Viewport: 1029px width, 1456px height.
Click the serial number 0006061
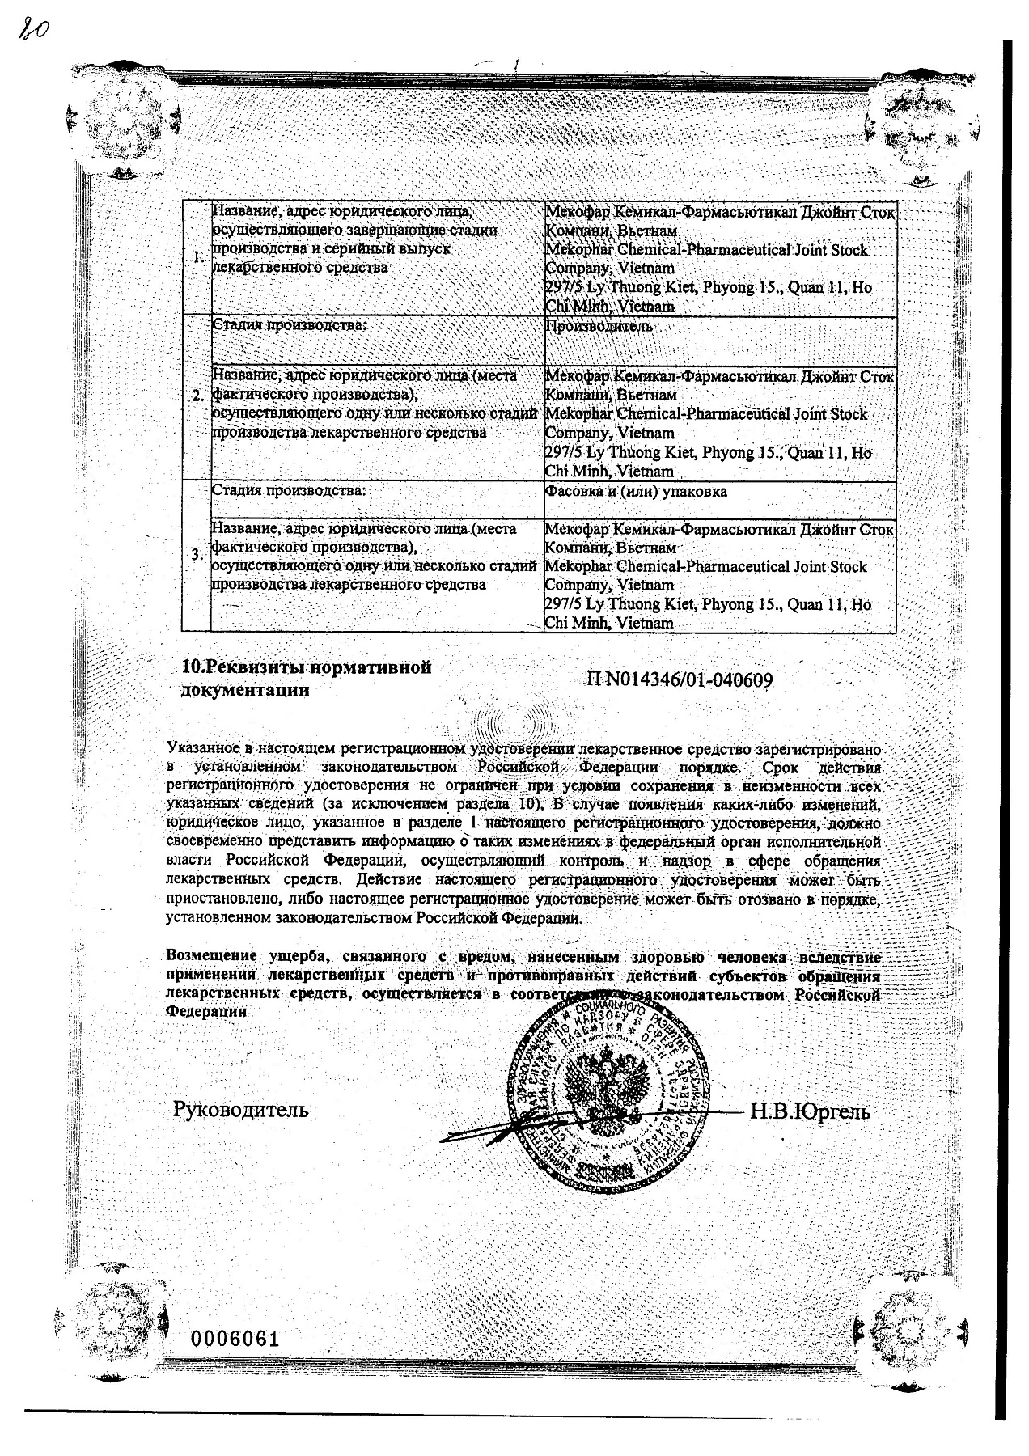235,1339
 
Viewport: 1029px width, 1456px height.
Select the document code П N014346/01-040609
678,680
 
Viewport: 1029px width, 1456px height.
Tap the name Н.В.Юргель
811,1111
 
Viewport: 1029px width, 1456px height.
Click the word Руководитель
241,1109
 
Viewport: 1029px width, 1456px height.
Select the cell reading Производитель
599,327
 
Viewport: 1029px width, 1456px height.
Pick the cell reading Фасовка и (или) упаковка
636,491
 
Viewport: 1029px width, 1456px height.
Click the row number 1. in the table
198,258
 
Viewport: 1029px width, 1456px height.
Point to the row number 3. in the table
198,555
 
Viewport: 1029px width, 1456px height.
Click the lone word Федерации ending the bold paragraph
206,1011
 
